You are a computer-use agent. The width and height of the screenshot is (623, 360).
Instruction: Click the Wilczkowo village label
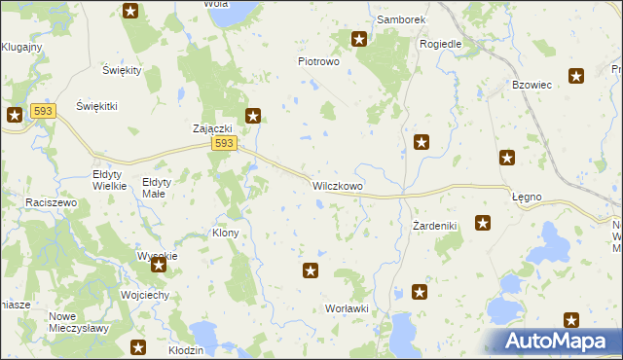coord(338,184)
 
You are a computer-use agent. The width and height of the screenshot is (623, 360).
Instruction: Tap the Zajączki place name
coord(211,129)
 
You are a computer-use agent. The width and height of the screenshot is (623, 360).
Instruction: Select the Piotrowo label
coord(317,60)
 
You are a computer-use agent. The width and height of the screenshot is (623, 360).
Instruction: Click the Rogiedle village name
coord(440,44)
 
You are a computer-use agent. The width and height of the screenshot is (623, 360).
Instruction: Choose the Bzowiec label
coord(531,85)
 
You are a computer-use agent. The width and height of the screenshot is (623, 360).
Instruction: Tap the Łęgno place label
coord(527,197)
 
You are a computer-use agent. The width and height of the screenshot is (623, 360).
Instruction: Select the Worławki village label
coord(347,308)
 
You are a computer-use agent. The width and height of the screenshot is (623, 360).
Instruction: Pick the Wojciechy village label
coord(146,295)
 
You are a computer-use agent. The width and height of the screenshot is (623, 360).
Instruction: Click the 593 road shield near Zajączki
coord(224,143)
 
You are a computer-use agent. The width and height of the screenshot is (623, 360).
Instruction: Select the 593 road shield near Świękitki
coord(42,112)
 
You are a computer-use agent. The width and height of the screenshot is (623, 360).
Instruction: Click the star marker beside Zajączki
coord(253,117)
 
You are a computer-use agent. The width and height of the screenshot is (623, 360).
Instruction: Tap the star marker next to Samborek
coord(358,39)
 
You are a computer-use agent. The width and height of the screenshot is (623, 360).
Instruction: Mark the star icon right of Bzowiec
coord(576,76)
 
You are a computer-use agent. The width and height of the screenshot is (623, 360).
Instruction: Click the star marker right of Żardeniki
coord(482,224)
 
